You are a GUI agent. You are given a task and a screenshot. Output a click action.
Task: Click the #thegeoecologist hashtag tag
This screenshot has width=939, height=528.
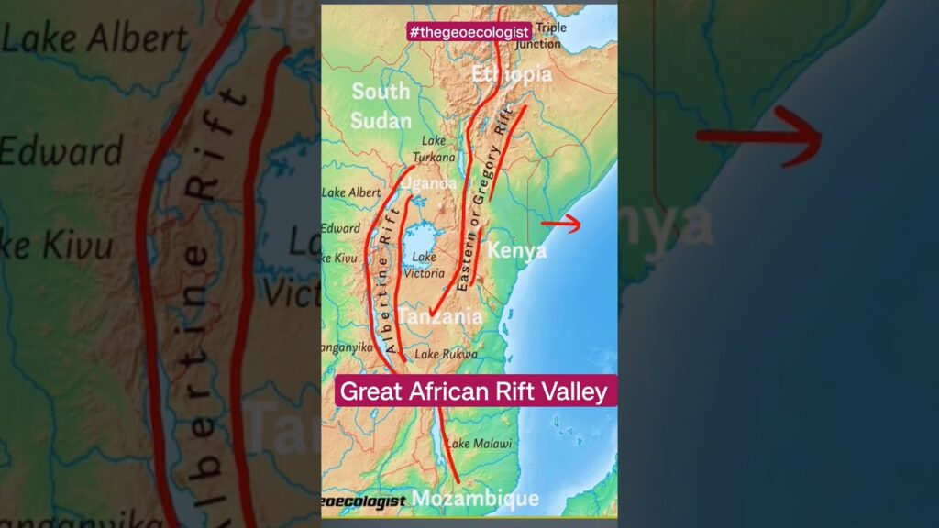[469, 32]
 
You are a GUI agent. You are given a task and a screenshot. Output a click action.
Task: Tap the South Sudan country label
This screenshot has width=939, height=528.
[381, 105]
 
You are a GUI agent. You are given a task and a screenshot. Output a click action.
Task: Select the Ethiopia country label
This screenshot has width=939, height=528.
[512, 74]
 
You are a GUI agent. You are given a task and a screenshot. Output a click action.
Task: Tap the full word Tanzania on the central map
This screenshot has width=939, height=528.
[441, 316]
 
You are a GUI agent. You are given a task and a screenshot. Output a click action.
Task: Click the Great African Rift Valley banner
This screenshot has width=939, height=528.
[473, 391]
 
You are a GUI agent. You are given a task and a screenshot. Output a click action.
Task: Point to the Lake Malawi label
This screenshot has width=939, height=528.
[472, 445]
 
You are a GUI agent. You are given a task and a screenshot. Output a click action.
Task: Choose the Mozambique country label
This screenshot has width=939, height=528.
[475, 498]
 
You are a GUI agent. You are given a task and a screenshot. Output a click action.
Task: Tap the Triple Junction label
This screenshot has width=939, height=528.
[550, 36]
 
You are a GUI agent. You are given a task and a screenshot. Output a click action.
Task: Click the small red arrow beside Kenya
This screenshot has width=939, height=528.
[561, 224]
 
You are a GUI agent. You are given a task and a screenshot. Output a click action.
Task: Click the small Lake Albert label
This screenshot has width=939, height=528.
[351, 192]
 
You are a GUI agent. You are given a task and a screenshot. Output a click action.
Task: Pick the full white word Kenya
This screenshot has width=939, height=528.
[517, 250]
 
